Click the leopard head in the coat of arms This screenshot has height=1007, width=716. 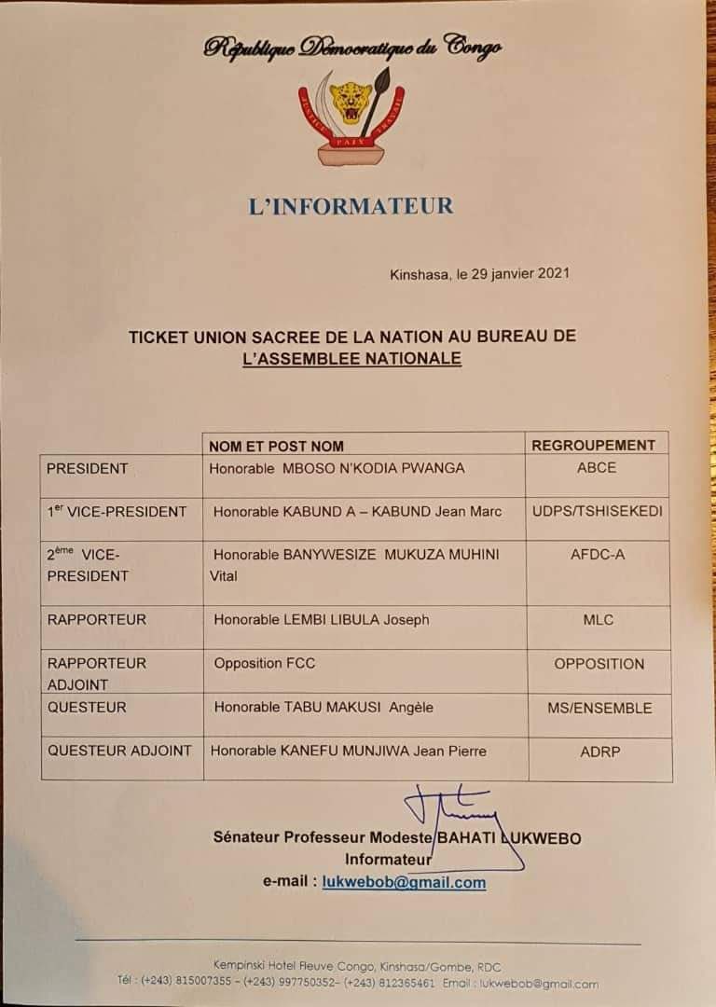pos(351,101)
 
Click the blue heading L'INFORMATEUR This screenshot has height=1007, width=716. pos(351,205)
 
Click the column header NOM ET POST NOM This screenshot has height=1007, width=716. pos(276,446)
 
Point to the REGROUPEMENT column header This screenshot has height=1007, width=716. pos(594,446)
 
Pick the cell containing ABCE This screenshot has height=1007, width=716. pos(597,468)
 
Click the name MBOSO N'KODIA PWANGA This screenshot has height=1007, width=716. pos(373,468)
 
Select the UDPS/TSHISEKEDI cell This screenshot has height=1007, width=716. pos(597,511)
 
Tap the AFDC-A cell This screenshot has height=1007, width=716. pos(597,555)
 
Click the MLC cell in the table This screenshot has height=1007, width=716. pos(597,619)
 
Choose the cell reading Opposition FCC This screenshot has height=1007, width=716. pos(265,663)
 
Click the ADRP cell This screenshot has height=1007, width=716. pos(599,751)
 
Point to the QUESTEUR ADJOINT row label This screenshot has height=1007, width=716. pos(119,751)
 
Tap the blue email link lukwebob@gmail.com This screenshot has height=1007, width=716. pos(404,883)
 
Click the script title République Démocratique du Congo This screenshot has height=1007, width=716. pos(352,48)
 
